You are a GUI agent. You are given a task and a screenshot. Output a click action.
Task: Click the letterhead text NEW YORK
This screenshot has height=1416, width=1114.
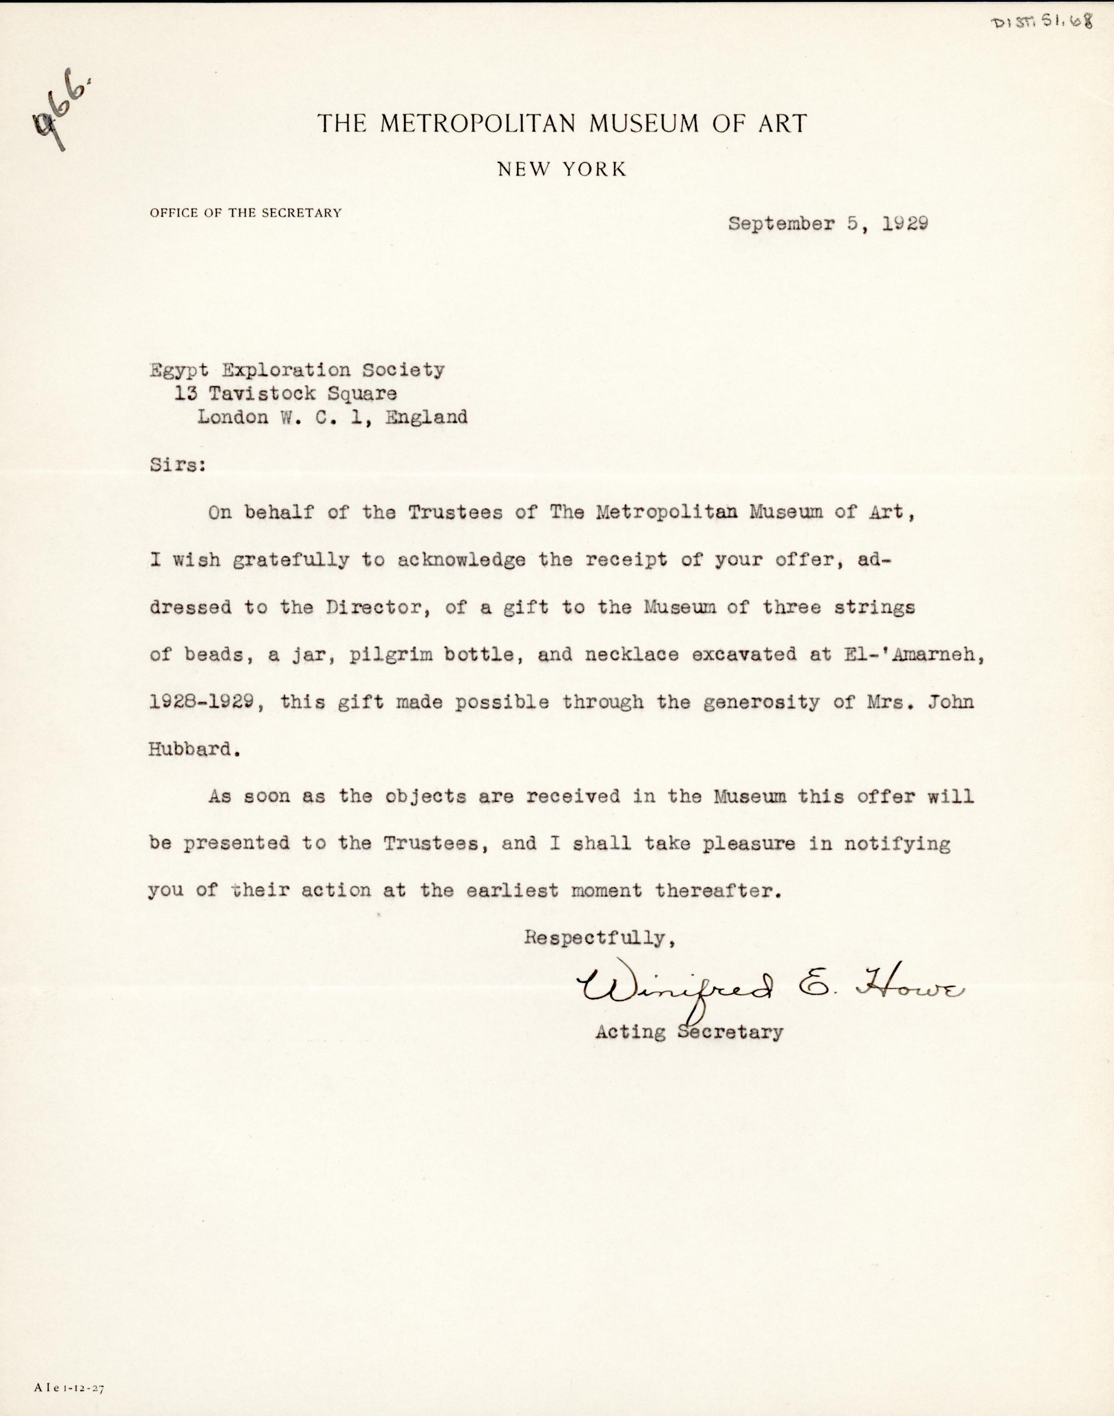point(561,170)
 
